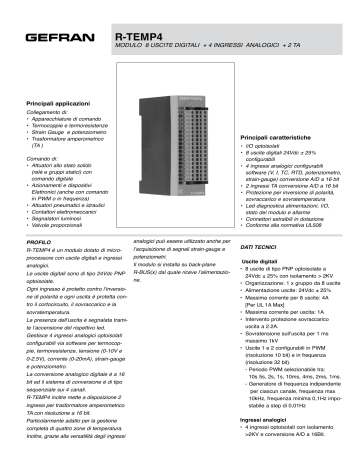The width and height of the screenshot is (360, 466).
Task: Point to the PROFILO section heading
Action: tap(40, 243)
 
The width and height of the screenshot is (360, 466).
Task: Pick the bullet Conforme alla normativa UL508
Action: tap(289, 226)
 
